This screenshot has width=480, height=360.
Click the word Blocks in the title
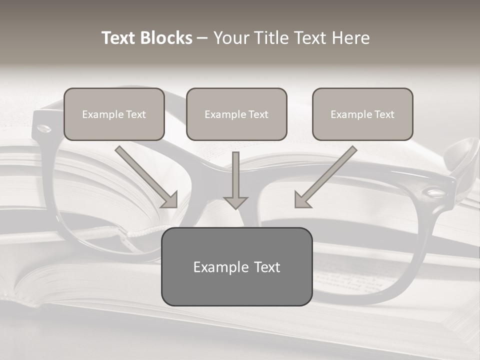click(167, 38)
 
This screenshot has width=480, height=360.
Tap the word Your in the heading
click(230, 38)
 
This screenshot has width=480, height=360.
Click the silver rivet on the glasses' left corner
click(44, 128)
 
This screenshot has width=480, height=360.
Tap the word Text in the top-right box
click(384, 114)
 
